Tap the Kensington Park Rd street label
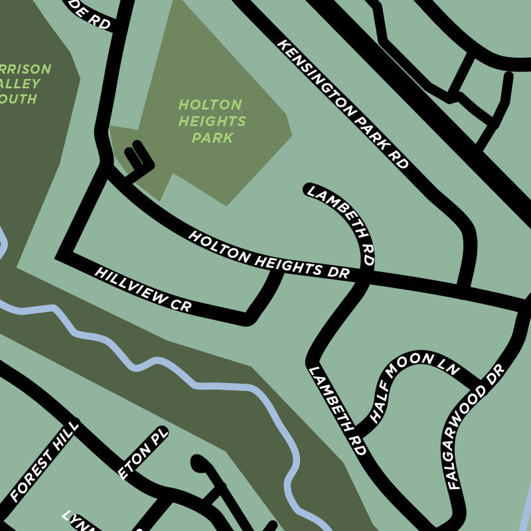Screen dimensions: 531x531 (342, 104)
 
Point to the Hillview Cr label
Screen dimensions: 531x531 (143, 290)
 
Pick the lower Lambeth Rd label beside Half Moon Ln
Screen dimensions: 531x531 (337, 411)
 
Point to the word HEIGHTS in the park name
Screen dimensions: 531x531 (212, 121)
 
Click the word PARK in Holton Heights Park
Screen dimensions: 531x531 (212, 138)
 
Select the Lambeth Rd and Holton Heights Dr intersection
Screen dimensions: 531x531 (364, 279)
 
